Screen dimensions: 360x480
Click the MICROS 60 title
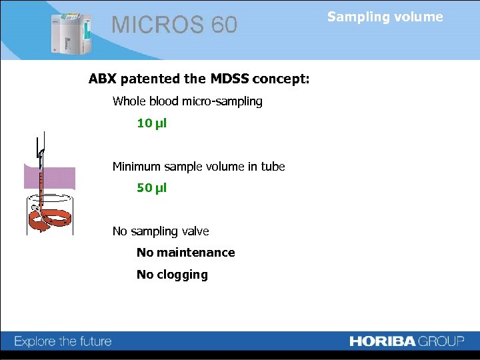tap(174, 25)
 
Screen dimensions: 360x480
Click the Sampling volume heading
tap(385, 17)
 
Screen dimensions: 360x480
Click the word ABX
tap(103, 79)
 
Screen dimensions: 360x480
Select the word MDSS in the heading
tap(229, 79)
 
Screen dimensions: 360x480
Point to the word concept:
tap(281, 79)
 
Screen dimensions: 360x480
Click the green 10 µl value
tap(151, 123)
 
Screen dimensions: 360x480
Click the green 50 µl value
tap(151, 188)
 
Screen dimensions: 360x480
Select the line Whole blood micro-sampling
tap(187, 101)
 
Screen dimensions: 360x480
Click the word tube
tap(273, 167)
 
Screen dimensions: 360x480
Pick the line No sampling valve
tap(161, 231)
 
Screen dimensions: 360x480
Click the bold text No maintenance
tap(185, 253)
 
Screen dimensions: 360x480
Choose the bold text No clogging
tap(172, 275)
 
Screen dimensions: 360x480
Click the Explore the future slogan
tap(63, 341)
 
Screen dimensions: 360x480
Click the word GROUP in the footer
tap(441, 341)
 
